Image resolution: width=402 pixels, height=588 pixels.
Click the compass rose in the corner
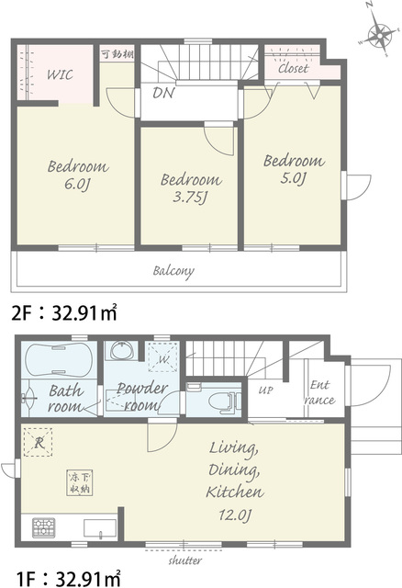click(x=379, y=37)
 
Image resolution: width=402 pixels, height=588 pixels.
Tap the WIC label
click(x=60, y=74)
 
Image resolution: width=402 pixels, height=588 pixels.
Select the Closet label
click(x=294, y=68)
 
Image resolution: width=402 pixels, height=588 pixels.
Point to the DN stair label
click(x=163, y=93)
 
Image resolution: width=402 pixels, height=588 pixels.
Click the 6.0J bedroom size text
click(x=78, y=185)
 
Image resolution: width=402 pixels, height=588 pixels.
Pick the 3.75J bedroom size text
click(x=190, y=198)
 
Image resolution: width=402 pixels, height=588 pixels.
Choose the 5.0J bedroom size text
click(x=294, y=178)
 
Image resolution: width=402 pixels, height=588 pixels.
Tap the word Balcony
click(x=173, y=271)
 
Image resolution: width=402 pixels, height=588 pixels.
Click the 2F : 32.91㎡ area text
click(x=64, y=312)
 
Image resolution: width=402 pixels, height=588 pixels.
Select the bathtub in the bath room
click(x=59, y=360)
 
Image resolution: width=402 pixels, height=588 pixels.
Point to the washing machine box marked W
click(x=163, y=357)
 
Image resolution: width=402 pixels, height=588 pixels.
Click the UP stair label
click(x=265, y=390)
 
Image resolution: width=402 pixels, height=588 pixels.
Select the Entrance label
click(x=319, y=392)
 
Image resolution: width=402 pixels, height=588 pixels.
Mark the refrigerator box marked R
click(x=39, y=442)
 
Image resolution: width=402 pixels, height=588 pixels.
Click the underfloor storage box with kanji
click(x=80, y=482)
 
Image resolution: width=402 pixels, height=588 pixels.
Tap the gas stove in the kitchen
click(x=44, y=528)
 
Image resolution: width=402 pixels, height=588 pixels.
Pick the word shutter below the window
click(x=185, y=560)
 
